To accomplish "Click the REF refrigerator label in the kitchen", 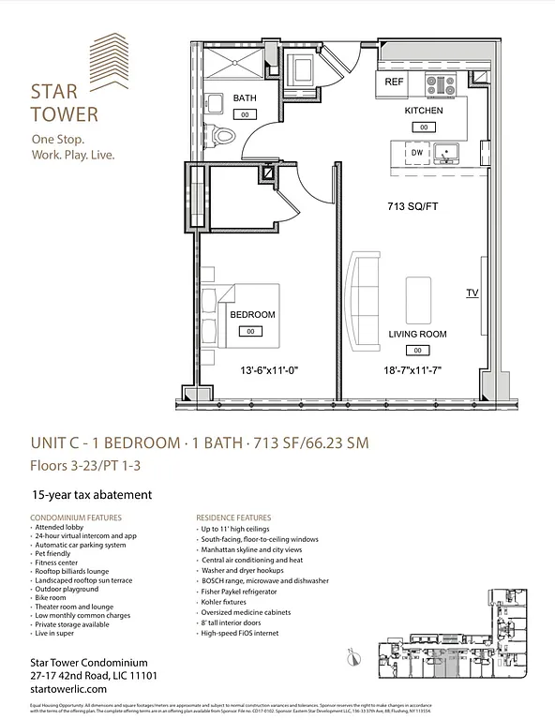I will (x=394, y=82).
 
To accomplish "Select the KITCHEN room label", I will (x=424, y=111).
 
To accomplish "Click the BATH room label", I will (x=245, y=98).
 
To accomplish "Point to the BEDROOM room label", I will (x=252, y=315).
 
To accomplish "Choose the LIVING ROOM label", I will (x=417, y=334).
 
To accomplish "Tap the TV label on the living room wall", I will (x=472, y=293).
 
